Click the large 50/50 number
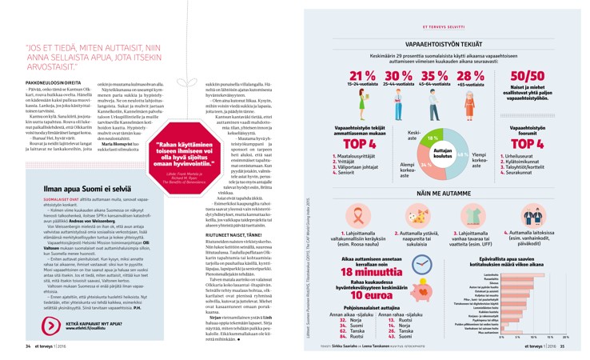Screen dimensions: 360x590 526,78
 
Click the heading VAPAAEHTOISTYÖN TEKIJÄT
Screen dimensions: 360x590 444,46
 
